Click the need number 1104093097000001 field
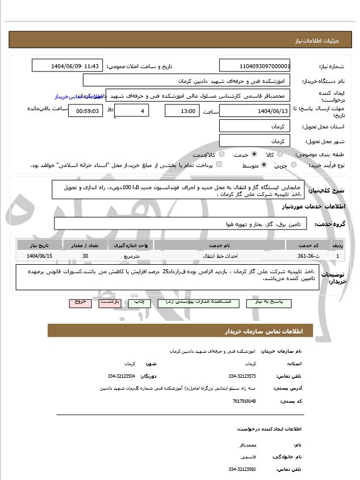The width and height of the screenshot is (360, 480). click(x=255, y=66)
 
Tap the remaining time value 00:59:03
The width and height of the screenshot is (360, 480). click(x=86, y=111)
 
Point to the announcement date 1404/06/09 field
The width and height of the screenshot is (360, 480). click(x=68, y=66)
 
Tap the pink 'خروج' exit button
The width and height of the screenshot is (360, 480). click(x=80, y=302)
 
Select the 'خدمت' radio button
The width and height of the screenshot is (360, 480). click(x=253, y=155)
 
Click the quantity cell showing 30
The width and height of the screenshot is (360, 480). click(x=85, y=256)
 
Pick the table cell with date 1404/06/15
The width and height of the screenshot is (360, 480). click(x=39, y=256)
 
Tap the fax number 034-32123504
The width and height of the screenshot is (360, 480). click(x=122, y=376)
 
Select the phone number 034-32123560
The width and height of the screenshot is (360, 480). click(x=242, y=469)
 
